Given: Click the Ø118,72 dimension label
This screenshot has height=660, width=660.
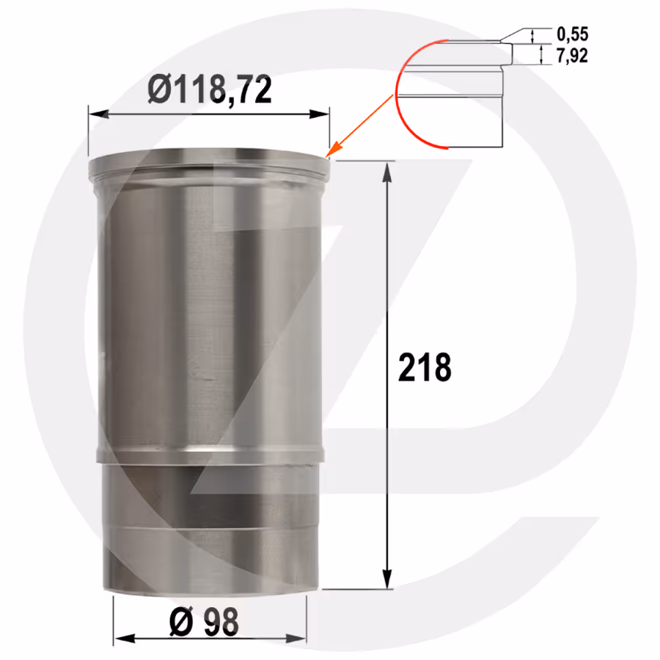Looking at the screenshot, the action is pos(209,89).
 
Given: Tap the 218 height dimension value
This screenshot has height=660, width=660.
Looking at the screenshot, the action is pos(425,368).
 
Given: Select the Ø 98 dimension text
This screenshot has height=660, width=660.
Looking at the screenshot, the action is pos(204,622).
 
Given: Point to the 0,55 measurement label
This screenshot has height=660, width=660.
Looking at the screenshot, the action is pos(572,34).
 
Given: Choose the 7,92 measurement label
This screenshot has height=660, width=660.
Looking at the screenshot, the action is pos(572,56).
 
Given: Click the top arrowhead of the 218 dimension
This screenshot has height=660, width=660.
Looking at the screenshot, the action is pos(387,172).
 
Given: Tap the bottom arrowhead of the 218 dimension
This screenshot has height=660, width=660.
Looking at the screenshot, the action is pos(387,579).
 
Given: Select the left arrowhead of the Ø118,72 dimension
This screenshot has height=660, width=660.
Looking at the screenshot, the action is pos(99,114).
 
